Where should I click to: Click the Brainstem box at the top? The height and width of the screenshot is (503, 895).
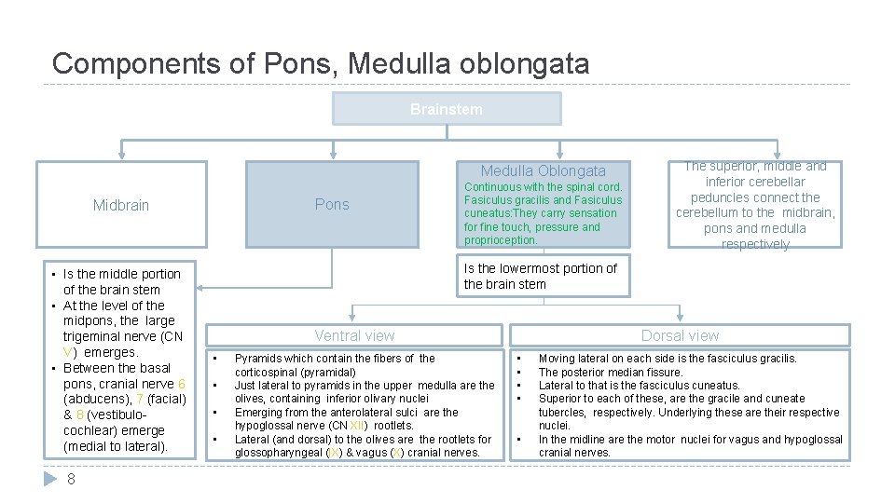point(447,108)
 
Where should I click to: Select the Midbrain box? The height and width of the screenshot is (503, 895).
point(121,205)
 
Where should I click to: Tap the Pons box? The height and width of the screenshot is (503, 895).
point(332,205)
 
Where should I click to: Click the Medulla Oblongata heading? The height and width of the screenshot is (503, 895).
point(543,170)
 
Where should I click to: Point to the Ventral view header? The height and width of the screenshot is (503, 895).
point(354,335)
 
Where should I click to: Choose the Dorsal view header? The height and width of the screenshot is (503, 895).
point(680,335)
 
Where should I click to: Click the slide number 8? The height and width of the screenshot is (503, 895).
point(71,479)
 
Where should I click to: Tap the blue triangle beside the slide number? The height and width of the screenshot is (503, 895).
point(50,479)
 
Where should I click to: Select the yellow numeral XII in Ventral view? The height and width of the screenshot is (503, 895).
point(357,426)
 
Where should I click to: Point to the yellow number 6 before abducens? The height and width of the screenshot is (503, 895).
point(182,384)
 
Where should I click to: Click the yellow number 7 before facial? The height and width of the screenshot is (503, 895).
point(140,400)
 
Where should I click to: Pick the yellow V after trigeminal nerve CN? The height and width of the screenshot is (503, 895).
point(67,352)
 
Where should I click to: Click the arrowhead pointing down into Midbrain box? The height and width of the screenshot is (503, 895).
point(121,154)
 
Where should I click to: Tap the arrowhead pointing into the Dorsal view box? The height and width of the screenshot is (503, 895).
point(680,317)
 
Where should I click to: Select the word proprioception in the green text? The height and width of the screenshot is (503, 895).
point(501,240)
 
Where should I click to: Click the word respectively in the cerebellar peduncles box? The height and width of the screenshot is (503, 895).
point(756,244)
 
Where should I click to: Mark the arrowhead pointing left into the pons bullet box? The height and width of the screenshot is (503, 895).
point(200,288)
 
